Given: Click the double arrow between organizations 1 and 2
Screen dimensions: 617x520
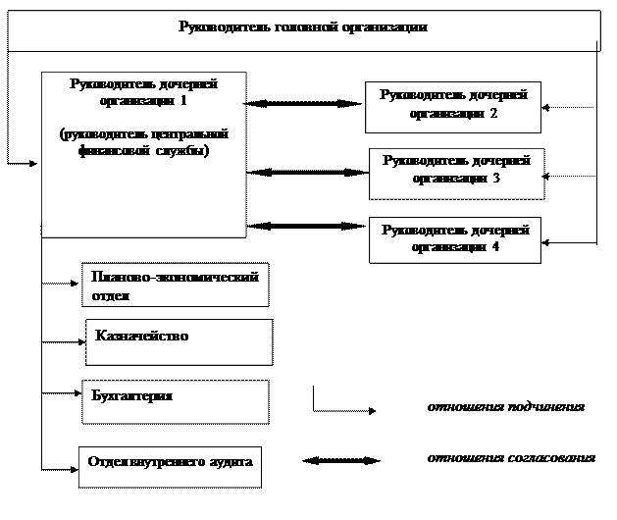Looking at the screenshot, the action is click(x=302, y=104).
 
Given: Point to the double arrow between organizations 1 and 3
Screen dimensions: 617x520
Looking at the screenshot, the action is click(x=307, y=173).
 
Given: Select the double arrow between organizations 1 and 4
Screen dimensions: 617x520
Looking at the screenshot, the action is click(x=306, y=226).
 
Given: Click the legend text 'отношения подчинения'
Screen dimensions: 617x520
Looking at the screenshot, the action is click(x=506, y=406).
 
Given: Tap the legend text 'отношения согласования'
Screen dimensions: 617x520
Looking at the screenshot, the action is click(x=511, y=458).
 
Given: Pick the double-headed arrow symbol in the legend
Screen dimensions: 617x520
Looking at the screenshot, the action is click(x=341, y=460).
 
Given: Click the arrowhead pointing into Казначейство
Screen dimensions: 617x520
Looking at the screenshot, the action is click(x=81, y=342).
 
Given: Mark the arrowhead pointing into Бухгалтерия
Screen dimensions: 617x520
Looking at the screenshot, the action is click(x=77, y=392).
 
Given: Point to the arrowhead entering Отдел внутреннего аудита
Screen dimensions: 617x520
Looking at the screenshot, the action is click(x=75, y=469).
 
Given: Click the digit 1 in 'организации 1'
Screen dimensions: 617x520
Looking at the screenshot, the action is click(x=183, y=100).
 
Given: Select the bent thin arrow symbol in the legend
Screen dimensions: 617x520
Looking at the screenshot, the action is click(x=314, y=410).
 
